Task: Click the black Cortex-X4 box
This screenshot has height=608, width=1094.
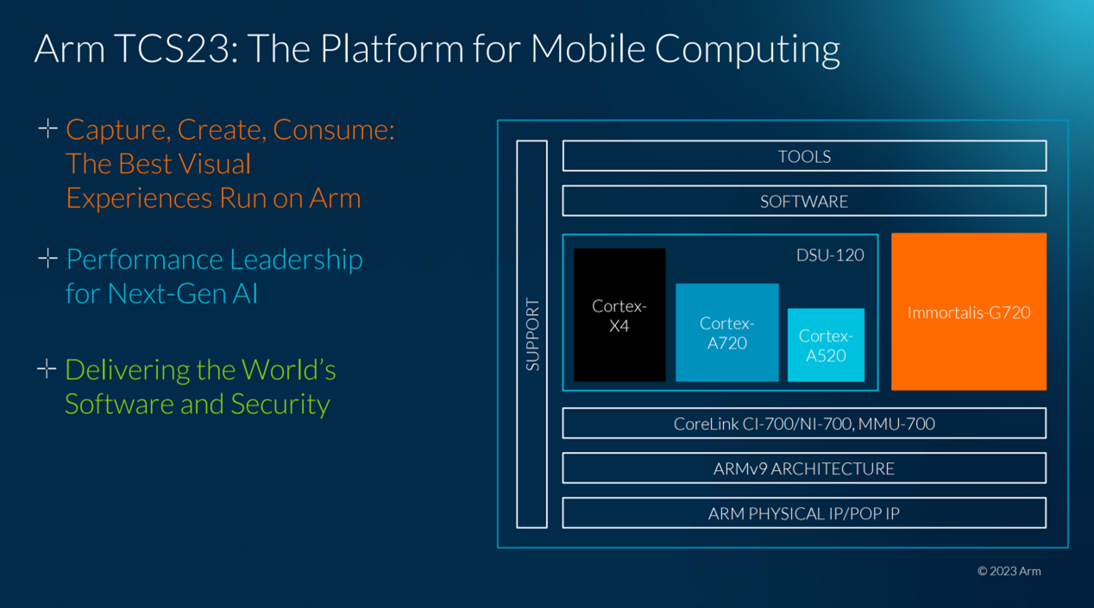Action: point(619,315)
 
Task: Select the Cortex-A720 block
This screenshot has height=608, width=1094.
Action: point(726,333)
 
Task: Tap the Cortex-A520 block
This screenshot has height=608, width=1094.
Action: point(826,345)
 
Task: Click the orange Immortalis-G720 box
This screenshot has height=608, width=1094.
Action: point(969,311)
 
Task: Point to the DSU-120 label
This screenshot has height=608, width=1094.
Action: point(830,255)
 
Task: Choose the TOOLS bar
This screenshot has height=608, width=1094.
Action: point(804,156)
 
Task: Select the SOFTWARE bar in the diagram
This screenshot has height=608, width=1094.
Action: point(804,201)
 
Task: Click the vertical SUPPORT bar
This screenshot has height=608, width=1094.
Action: point(531,334)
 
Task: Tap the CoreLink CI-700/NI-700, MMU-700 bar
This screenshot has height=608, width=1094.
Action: point(804,423)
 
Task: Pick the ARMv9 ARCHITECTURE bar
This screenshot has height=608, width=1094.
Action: point(804,467)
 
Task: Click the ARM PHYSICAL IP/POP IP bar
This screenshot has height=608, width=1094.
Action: point(804,513)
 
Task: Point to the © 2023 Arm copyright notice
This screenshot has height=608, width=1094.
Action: point(1009,571)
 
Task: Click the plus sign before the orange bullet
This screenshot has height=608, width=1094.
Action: point(47,128)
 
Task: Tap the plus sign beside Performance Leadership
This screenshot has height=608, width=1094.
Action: point(47,259)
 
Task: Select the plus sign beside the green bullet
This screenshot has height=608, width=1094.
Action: point(47,369)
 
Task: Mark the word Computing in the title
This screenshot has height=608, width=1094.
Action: point(747,50)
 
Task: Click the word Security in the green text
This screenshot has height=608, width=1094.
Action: point(280,404)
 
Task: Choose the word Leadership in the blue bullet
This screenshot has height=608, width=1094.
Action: point(296,260)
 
